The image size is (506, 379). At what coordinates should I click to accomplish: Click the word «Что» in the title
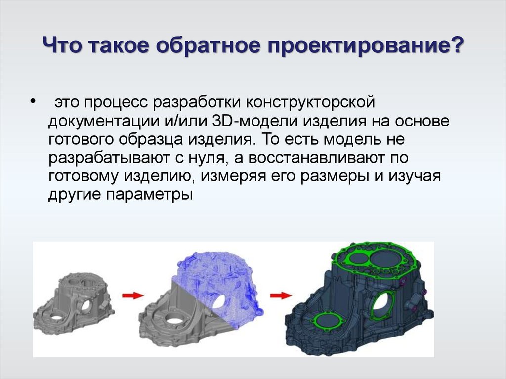coord(62,47)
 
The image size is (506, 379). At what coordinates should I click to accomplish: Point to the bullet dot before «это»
coord(33,101)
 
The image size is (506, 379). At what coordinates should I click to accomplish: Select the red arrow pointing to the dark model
coord(280,295)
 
